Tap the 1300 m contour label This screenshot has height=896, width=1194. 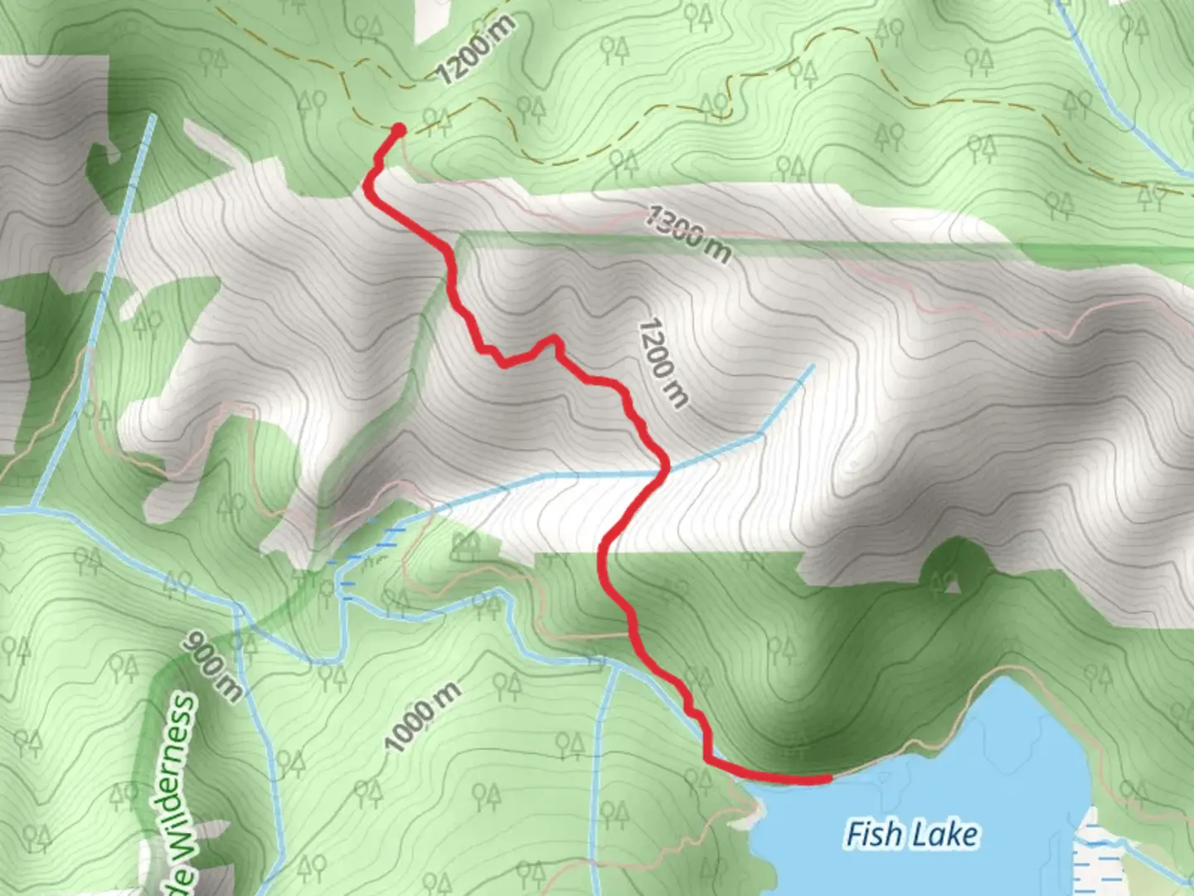click(688, 235)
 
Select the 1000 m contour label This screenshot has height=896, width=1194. click(423, 718)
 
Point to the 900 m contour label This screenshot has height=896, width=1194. click(213, 665)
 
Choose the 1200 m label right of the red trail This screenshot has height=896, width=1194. click(663, 363)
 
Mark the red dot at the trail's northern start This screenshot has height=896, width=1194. click(398, 129)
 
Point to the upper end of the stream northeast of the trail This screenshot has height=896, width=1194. click(811, 366)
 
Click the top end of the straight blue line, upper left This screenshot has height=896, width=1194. click(153, 117)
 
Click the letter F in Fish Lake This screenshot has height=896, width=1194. click(854, 834)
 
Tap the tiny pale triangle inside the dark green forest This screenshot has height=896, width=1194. click(952, 586)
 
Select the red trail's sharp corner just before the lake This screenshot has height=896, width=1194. click(707, 757)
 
